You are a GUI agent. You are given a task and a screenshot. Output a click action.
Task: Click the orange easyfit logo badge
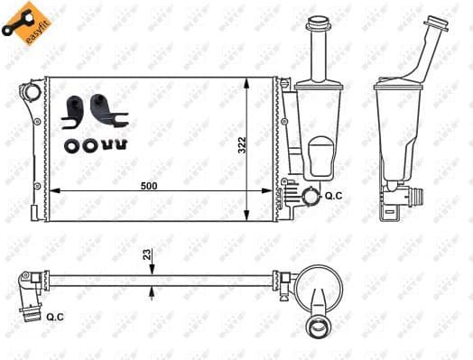coord(23,23)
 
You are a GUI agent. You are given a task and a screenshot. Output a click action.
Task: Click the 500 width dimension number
coord(149,185)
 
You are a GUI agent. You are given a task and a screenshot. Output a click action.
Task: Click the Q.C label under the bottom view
coord(53,316)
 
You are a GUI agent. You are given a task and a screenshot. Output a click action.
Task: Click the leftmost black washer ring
coord(70,143)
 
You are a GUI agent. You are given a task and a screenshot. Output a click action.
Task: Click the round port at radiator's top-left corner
coord(32,92)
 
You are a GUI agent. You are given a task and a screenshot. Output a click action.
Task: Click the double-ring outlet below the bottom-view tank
coord(319,328)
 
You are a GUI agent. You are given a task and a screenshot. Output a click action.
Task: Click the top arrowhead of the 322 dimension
coord(249,82)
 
